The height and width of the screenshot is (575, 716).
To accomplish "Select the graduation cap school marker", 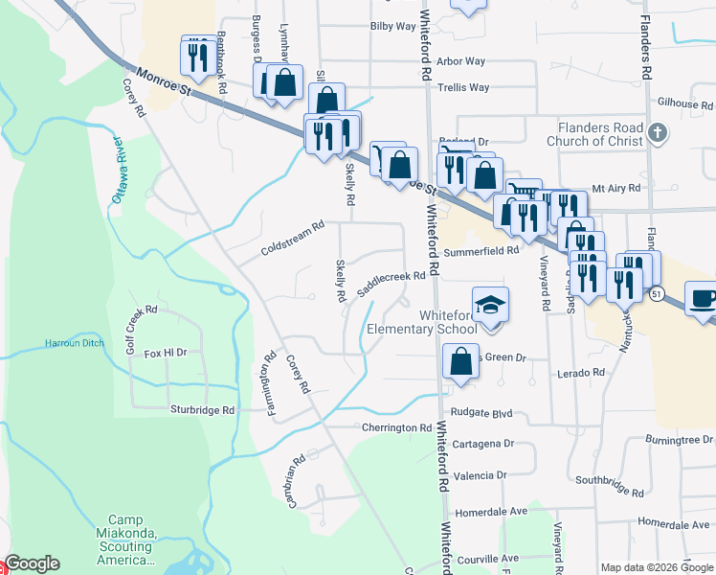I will [x=489, y=306].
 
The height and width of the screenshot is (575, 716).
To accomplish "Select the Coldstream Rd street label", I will [x=293, y=239].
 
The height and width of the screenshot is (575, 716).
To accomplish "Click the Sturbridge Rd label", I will [x=203, y=409].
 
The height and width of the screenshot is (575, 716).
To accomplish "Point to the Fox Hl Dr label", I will [x=165, y=353].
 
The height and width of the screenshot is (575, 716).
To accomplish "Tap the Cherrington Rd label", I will [x=397, y=427].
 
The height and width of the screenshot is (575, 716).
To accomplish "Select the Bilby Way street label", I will [x=392, y=27].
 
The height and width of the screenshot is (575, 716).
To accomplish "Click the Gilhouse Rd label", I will [x=685, y=103].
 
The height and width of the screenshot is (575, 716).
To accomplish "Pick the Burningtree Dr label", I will [x=680, y=441].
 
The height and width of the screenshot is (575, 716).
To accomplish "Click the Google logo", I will [x=32, y=563].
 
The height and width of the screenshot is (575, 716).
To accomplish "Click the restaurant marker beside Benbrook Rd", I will [x=196, y=55].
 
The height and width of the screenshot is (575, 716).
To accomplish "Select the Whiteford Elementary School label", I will [x=422, y=322].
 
